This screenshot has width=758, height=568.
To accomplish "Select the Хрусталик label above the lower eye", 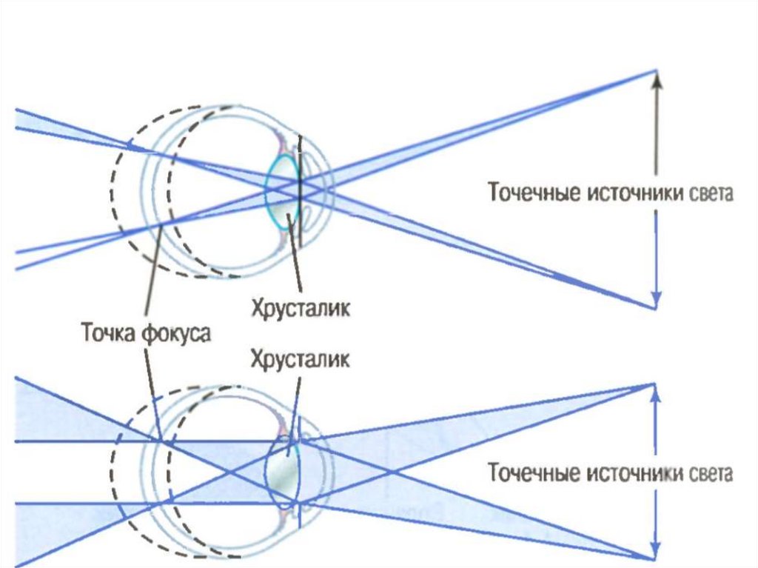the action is click(x=300, y=360).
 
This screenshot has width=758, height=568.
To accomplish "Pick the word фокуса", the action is click(x=178, y=333).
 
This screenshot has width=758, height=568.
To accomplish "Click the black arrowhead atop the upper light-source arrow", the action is click(x=655, y=77).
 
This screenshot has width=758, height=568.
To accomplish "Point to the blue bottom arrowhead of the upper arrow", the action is click(x=655, y=299).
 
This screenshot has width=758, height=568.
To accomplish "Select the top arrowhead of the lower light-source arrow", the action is click(x=655, y=391).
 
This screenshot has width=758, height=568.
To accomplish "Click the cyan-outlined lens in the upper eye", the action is click(x=282, y=189).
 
